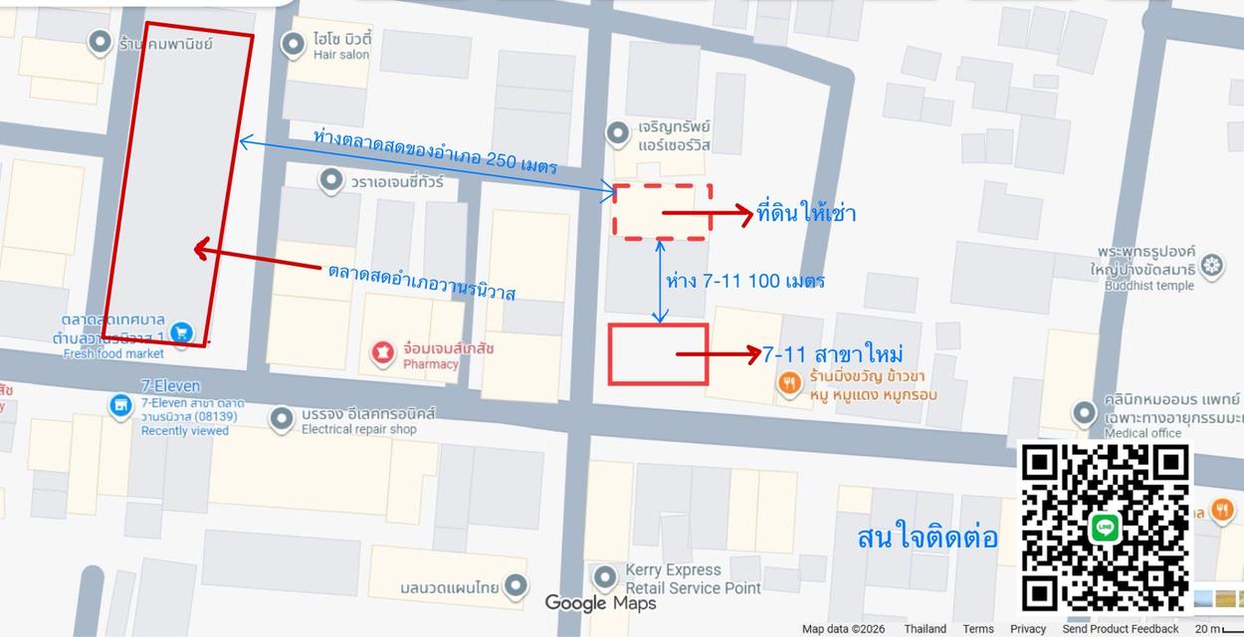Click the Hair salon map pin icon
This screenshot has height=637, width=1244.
pos(293,44)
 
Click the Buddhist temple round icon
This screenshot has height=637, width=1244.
pos(1211,265)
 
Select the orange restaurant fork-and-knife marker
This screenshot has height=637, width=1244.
pos(789,383)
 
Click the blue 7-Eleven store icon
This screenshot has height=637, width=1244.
pos(120,405)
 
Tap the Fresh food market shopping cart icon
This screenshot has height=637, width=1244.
pos(181,332)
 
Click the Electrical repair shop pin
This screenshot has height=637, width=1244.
pos(282,419)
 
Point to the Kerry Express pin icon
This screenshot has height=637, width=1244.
pos(604,577)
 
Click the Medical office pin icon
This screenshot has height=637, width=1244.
pos(1085,412)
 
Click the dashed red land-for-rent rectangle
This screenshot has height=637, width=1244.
pos(662,211)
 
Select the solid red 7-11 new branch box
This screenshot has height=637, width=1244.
pos(658,354)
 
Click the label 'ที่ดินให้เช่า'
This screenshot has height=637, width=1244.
pos(806,213)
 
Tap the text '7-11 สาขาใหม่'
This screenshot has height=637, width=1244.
pos(832,354)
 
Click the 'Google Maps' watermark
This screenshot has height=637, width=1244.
pos(600,603)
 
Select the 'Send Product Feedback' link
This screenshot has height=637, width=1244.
pos(1120,629)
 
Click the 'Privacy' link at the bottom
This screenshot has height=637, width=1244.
pos(1027,629)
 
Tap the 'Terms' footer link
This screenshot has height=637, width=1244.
pos(977,629)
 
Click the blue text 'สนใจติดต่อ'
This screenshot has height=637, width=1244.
pos(927,538)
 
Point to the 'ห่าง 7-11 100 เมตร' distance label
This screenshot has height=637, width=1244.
pos(744,281)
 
